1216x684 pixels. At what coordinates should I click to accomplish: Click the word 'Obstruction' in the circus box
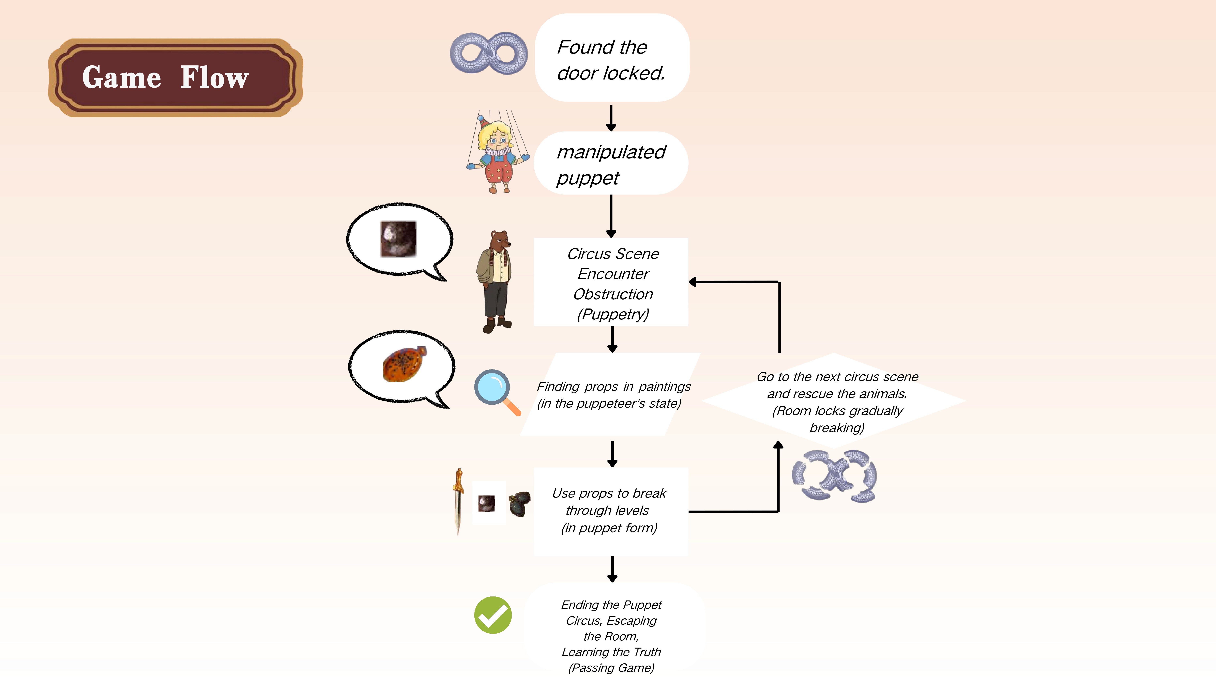pos(613,294)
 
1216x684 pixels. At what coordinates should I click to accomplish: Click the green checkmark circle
pos(492,615)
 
